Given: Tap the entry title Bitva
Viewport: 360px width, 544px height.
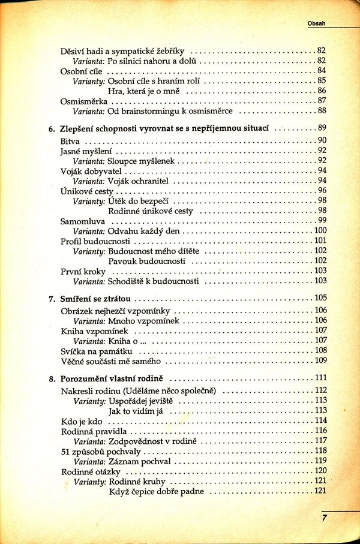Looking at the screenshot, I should (70, 140).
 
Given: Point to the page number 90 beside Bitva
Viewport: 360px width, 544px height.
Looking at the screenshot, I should (321, 140).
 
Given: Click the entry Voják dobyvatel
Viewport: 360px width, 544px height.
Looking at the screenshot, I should (87, 171).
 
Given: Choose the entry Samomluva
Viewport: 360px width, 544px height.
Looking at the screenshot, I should (81, 221).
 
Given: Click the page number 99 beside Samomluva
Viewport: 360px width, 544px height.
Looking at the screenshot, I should (321, 221).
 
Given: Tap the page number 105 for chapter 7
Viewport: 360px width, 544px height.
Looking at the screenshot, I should (320, 298).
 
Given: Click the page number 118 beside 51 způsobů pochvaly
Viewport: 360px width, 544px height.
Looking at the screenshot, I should (320, 451).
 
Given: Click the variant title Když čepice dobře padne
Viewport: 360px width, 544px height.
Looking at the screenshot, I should (157, 492).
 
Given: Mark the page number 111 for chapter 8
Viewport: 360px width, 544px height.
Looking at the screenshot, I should (320, 378).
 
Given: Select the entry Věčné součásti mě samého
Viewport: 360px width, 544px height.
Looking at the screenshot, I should (111, 360).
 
